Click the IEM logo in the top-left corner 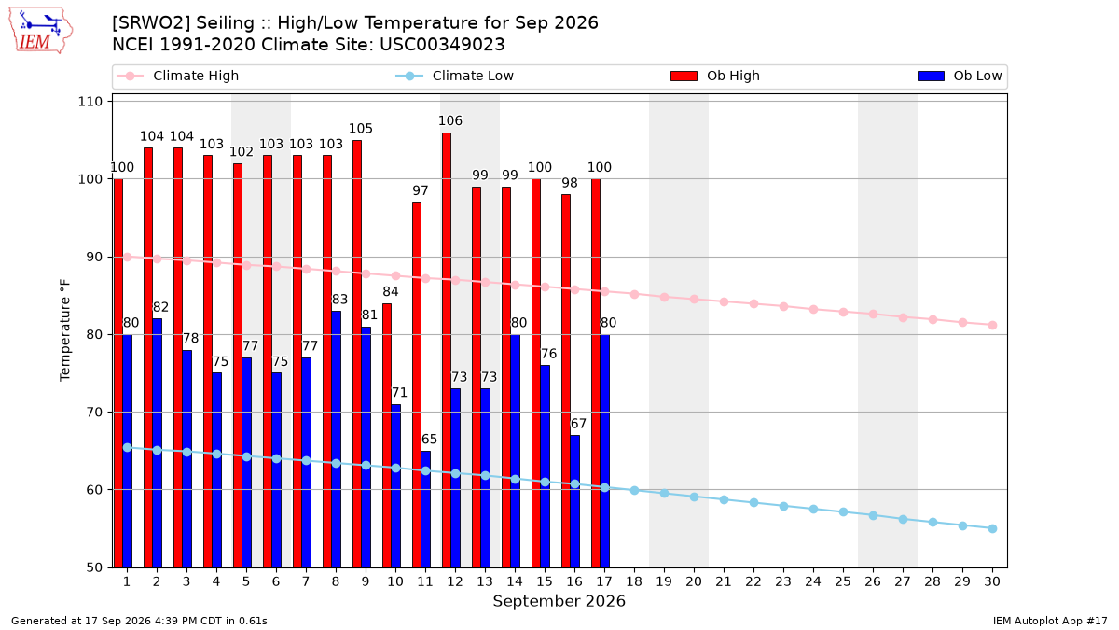tap(40, 30)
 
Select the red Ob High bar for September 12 tap(447, 350)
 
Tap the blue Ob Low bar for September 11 tap(425, 509)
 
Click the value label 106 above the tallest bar tap(450, 120)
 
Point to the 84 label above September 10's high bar tap(391, 291)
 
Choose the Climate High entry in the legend tap(178, 76)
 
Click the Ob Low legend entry tap(960, 76)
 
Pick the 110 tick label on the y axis tap(90, 102)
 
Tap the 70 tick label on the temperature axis tap(94, 413)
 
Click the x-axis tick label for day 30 tap(992, 581)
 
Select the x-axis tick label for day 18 tap(634, 581)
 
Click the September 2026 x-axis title tap(559, 601)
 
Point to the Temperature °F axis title tap(65, 330)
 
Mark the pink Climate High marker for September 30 tap(992, 325)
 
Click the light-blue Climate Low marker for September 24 tap(813, 509)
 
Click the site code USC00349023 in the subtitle tap(442, 45)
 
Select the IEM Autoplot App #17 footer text tap(1050, 621)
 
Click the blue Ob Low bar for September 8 tap(337, 440)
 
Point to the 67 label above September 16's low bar tap(578, 424)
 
